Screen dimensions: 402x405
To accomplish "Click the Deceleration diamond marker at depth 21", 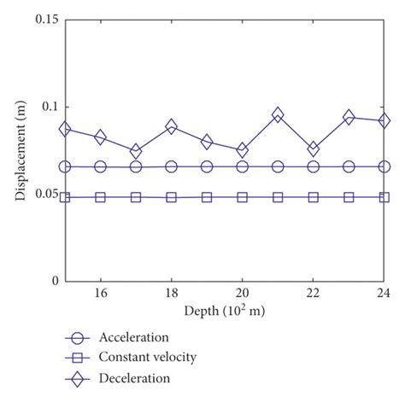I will click(278, 114).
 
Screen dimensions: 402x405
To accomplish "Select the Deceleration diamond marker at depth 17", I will click(136, 151).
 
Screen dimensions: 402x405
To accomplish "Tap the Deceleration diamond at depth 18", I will click(172, 126).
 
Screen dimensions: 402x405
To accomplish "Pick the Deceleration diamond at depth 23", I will click(349, 117).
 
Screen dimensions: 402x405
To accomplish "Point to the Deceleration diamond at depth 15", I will click(65, 129).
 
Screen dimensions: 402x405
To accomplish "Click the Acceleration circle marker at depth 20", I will click(243, 166).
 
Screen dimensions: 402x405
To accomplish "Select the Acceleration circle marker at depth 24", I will click(384, 166).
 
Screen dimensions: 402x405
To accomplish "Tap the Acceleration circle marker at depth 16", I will click(101, 166).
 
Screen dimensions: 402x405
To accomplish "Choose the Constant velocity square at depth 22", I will click(314, 197).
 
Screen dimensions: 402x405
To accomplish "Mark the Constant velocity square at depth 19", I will click(207, 197).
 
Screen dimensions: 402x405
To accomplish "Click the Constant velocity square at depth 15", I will click(65, 197).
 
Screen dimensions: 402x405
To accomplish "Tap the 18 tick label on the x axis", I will click(172, 293).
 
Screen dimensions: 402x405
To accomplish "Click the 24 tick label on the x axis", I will click(384, 293).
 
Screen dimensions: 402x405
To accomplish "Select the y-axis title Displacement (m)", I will click(19, 150).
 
